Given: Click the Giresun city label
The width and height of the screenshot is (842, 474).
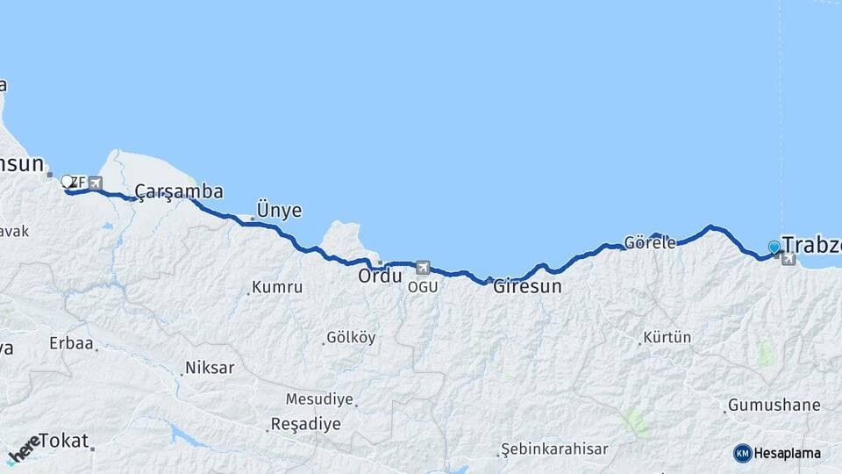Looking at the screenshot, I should pos(527,286).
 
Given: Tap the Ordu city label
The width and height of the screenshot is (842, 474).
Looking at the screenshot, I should pos(380,276).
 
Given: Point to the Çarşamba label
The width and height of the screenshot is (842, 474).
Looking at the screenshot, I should pos(179,191).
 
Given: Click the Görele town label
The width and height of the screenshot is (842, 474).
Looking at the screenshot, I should pos(650,242).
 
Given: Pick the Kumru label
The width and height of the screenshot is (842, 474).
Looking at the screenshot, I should pos(277,287).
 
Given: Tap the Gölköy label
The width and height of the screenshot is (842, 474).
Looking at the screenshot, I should pos(351,337).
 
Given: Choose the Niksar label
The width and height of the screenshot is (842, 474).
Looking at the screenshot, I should pos(210,368).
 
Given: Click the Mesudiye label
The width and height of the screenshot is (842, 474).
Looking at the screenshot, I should pos(319,399).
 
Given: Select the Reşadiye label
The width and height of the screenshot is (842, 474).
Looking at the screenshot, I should pos(305,424).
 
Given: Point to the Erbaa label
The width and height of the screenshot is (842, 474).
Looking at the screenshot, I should pos(72,343).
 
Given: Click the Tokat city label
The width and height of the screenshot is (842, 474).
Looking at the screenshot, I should pos(64,441).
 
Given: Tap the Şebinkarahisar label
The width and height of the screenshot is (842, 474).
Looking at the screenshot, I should pos(554,449).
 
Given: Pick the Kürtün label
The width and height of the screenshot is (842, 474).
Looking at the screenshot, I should pos(667,337).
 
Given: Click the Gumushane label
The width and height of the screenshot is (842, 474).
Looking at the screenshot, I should pos(774,406).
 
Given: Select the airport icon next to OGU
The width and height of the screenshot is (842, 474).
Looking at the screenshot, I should pos(423,268).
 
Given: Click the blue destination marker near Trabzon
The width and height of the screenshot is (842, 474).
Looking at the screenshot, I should pos(774,248).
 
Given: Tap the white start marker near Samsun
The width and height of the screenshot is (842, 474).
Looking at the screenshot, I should pos(67,182).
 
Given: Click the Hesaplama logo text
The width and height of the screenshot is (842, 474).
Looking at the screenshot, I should pos(787,453).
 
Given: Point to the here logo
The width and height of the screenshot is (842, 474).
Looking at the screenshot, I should pos(23,449).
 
